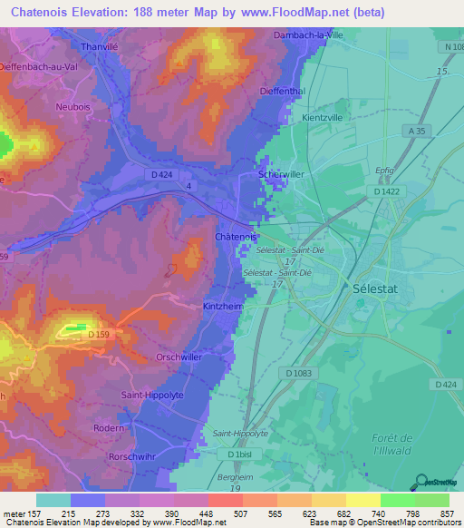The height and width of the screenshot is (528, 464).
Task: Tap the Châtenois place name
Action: (x=234, y=237)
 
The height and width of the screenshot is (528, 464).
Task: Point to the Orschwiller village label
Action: (x=177, y=357)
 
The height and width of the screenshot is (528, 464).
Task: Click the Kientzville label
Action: (x=322, y=118)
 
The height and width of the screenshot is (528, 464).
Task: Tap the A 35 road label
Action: (x=416, y=132)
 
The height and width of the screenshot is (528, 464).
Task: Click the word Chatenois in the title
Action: (x=43, y=12)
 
